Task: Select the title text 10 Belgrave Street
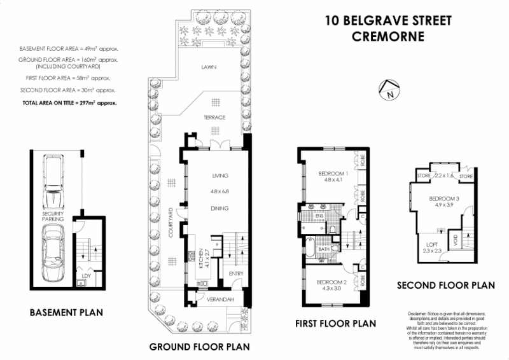387,20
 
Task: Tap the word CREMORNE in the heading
387,36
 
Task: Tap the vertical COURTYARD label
171,223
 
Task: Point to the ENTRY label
237,274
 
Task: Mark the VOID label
456,240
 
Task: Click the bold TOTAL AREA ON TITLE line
70,102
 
